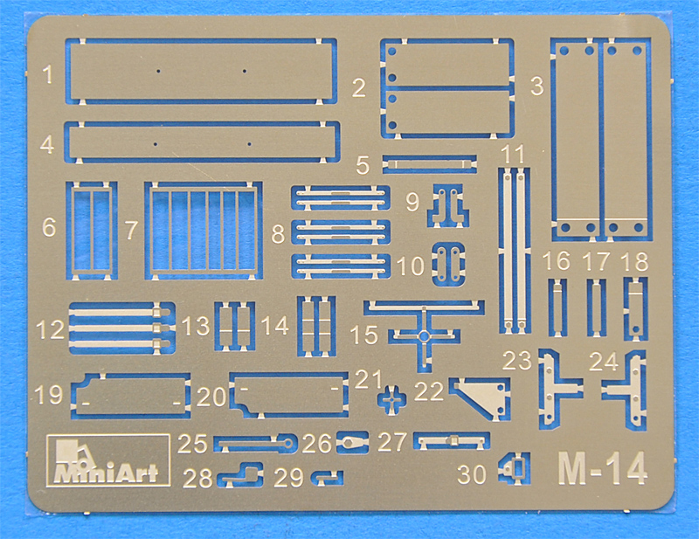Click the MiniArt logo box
pos(107,460)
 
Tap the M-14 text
pos(602,468)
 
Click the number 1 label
pos(48,74)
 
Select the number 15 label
pos(364,335)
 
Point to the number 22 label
pos(428,391)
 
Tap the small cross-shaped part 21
pos(391,399)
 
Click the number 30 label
pos(472,474)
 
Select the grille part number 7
pos(204,230)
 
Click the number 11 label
pos(513,155)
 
